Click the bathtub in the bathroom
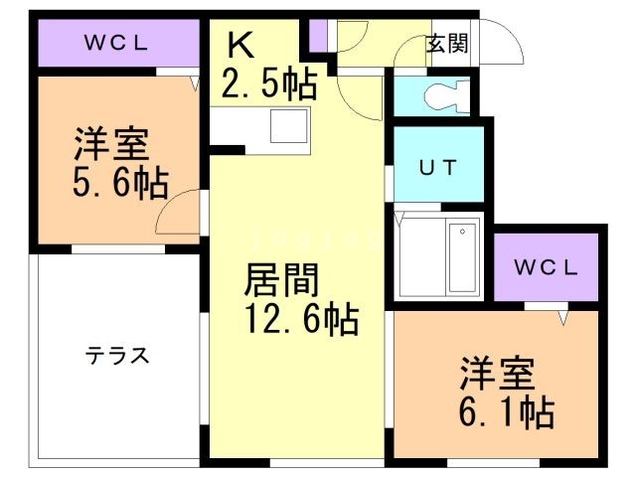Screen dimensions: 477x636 point(462,256)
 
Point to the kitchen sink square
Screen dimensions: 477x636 point(290,126)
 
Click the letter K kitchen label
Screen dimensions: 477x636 point(240,45)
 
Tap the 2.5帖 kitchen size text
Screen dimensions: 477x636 point(268,83)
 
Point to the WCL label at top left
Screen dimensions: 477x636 point(115,43)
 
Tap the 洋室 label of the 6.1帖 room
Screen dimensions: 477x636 point(497,373)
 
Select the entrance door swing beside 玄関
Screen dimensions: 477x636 point(508,45)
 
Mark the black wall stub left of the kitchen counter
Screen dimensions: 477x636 point(228,151)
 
